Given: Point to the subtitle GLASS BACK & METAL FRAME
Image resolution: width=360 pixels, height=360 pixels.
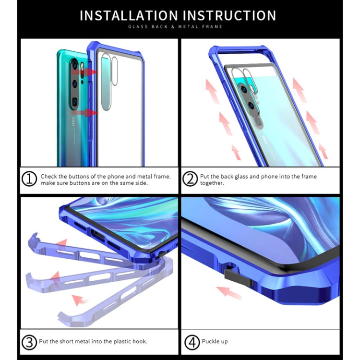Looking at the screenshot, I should (175, 27).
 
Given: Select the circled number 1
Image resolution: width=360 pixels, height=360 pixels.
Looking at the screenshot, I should (29, 180).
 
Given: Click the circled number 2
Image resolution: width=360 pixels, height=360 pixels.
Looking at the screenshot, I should (190, 180).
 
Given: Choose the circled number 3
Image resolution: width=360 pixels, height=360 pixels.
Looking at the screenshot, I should (29, 342).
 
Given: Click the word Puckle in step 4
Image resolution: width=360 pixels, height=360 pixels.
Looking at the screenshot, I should (209, 342).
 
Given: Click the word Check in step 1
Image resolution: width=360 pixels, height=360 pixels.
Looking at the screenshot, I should (48, 176).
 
